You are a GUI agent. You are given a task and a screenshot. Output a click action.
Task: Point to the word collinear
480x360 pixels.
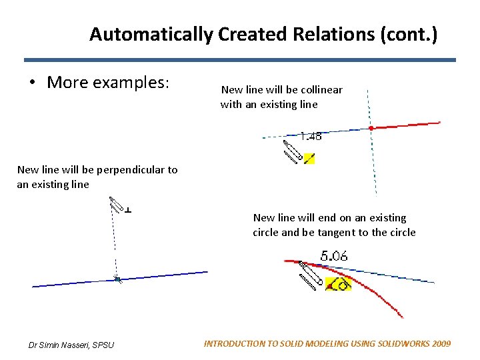tap(321, 89)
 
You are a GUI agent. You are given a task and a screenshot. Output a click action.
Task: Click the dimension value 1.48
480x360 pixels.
tap(310, 136)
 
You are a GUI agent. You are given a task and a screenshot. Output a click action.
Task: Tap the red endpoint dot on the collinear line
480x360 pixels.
tap(371, 127)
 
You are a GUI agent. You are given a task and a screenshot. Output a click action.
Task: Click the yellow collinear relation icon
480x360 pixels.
tap(309, 159)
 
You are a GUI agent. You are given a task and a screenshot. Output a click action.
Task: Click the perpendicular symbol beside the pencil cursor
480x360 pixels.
tap(128, 209)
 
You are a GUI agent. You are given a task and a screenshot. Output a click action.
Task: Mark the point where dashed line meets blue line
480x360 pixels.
tap(117, 279)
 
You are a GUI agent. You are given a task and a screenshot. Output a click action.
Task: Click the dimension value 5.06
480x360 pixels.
tap(334, 255)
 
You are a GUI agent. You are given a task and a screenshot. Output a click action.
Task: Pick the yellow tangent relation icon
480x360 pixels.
tap(338, 285)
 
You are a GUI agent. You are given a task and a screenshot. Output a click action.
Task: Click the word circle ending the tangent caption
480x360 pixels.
tap(403, 232)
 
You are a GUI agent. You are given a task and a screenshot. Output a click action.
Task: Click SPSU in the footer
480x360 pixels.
tap(103, 345)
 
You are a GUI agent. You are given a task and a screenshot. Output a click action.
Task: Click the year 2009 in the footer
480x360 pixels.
tap(440, 344)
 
